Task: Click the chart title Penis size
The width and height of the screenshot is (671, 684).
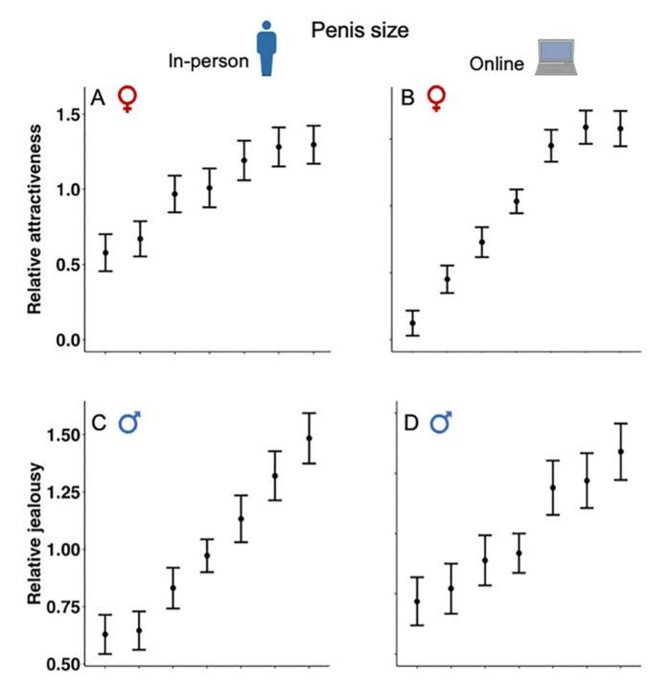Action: pos(360,31)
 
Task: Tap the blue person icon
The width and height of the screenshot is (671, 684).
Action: pos(266,50)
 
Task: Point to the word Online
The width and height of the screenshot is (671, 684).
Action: pos(497,64)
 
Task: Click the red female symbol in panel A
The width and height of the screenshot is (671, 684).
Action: pos(126,98)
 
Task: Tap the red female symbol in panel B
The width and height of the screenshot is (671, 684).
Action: pos(436,98)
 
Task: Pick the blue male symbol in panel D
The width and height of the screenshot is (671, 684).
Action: pos(440,422)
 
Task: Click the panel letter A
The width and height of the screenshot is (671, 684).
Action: pos(98,99)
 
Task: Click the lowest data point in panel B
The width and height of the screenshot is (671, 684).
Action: pos(413,323)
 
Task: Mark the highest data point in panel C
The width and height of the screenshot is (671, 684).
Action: pos(309,438)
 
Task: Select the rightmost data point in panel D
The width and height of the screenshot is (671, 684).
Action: pos(620,451)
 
